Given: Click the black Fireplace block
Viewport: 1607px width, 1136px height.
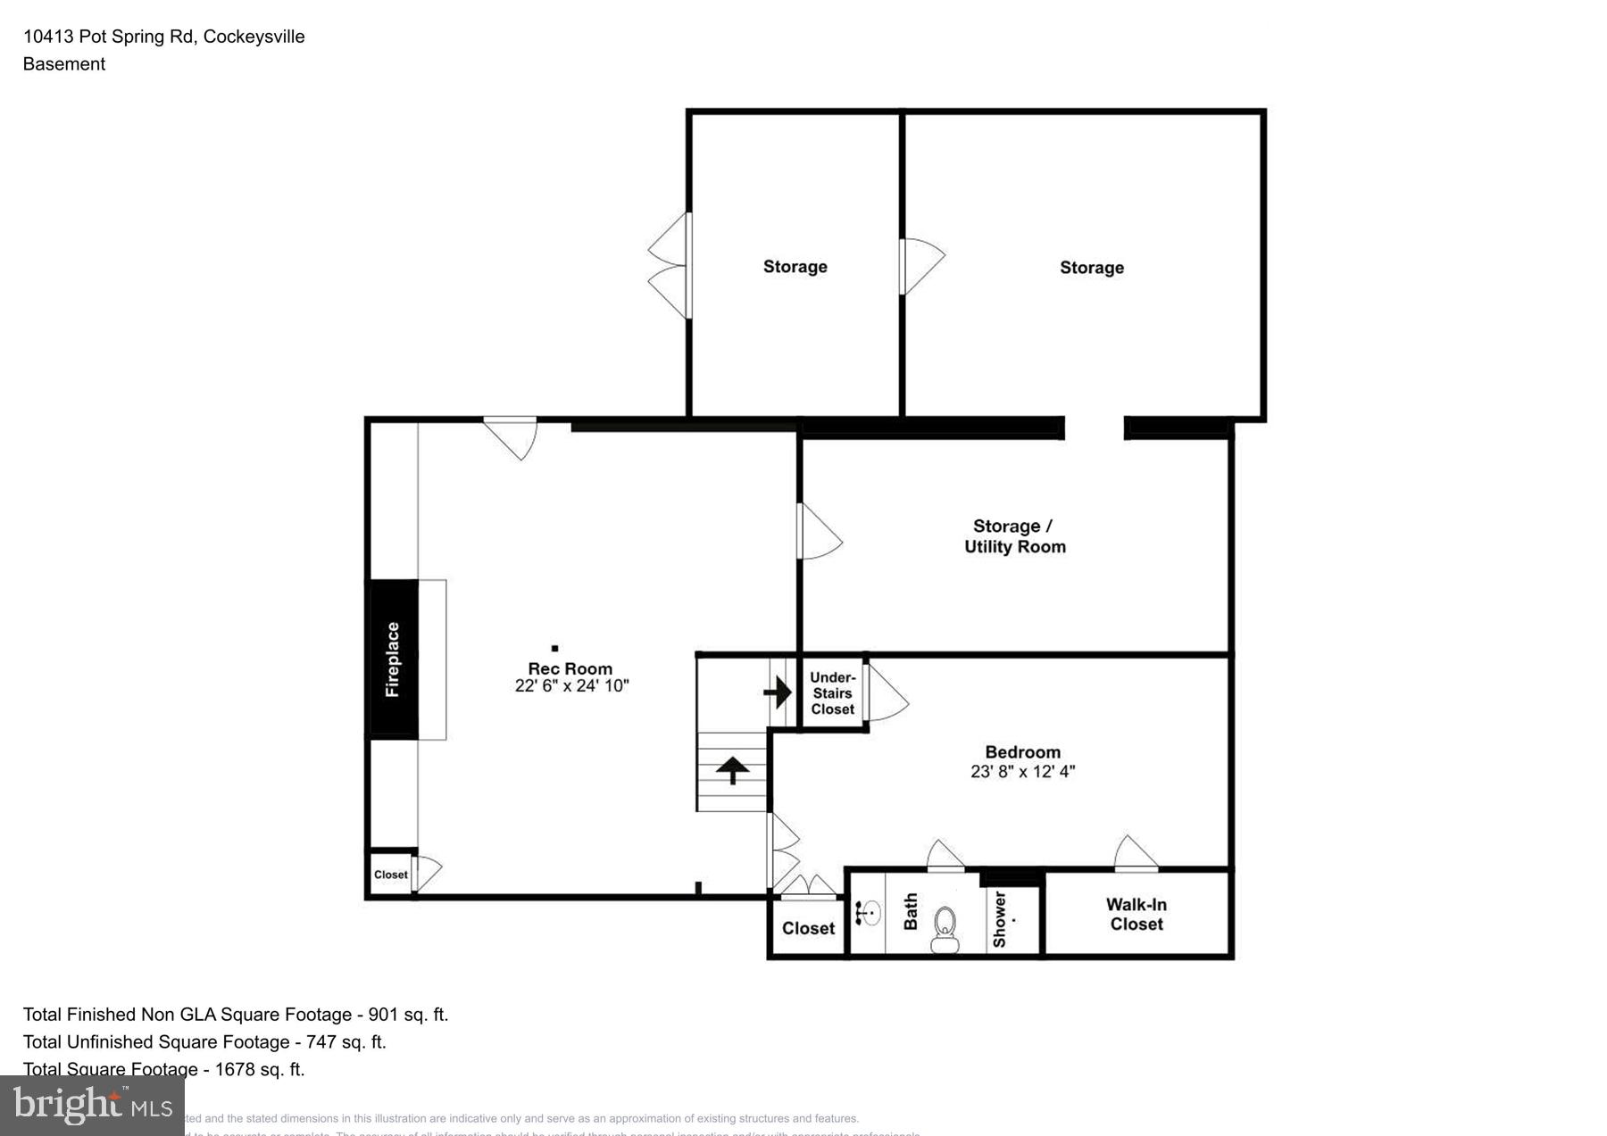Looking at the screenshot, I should click(x=394, y=659).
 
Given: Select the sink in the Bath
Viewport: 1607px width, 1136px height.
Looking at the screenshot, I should click(x=870, y=912).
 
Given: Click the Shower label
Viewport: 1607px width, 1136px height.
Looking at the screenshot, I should click(x=1000, y=919).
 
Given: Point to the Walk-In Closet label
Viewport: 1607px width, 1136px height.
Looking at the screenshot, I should click(x=1137, y=915).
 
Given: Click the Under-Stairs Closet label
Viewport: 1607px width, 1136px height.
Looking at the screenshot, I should click(x=832, y=693).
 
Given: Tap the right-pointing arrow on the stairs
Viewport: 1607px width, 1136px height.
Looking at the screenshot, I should click(x=778, y=692).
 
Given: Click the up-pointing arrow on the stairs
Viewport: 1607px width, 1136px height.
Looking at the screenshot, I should click(x=732, y=769).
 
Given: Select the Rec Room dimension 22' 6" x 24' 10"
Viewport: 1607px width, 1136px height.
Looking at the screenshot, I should click(x=571, y=686).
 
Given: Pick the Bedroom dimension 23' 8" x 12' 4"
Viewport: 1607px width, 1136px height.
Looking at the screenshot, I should click(x=1022, y=772).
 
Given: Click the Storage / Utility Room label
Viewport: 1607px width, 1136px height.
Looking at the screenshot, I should click(x=1014, y=536).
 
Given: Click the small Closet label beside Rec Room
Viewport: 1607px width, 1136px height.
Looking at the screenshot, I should click(x=390, y=875).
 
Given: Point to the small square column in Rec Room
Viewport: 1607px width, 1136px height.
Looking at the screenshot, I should click(x=554, y=648).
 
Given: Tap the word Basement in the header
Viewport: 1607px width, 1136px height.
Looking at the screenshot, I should click(x=63, y=64).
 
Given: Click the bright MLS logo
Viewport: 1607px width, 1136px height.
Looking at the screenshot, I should click(x=92, y=1107).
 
